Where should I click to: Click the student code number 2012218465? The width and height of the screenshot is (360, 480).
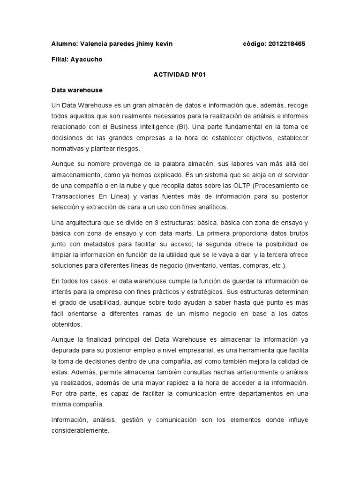tap(287, 44)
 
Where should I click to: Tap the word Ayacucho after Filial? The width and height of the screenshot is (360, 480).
tap(86, 60)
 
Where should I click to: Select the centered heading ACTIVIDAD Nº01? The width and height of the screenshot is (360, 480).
tap(180, 74)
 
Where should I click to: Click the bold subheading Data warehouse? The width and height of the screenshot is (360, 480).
tap(76, 90)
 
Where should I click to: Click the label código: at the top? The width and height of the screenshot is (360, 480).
tap(255, 44)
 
